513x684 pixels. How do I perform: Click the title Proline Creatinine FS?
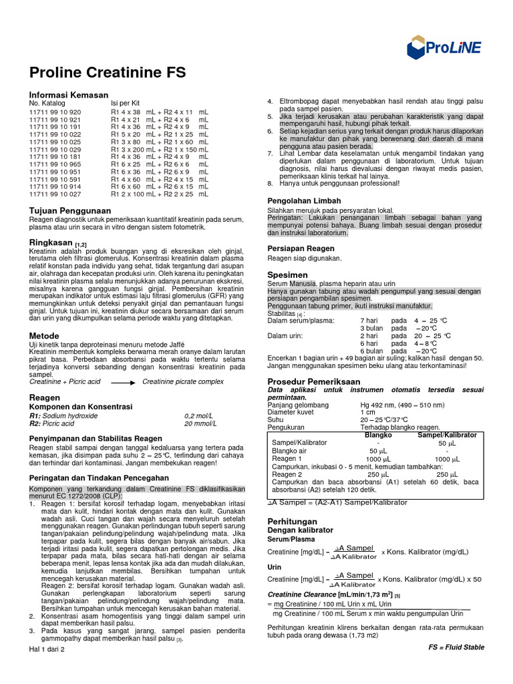[x=107, y=73]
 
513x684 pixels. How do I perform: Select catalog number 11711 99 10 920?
[x=55, y=112]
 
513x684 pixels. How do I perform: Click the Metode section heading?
[x=44, y=335]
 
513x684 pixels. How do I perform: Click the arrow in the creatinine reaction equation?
[x=123, y=381]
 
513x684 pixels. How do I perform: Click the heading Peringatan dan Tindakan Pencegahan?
[x=98, y=478]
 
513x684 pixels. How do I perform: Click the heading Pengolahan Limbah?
[x=304, y=200]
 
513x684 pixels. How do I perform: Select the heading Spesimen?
[x=287, y=275]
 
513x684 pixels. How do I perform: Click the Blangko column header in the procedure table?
[x=378, y=435]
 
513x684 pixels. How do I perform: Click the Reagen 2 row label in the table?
[x=288, y=474]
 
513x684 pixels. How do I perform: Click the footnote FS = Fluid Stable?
[x=456, y=647]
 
